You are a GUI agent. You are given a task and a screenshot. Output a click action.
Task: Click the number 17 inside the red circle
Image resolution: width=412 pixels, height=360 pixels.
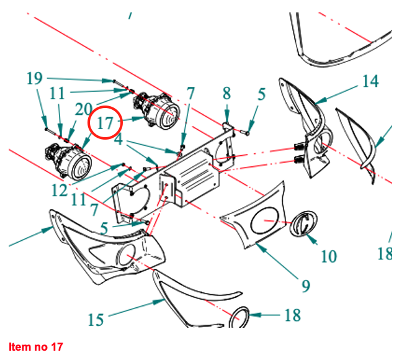click(105, 122)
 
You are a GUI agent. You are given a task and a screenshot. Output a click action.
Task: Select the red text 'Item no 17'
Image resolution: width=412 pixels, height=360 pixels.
click(36, 346)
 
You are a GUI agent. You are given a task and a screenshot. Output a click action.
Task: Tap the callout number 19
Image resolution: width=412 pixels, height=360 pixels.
click(35, 79)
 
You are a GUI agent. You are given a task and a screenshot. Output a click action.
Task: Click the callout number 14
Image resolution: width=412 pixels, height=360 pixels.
click(370, 81)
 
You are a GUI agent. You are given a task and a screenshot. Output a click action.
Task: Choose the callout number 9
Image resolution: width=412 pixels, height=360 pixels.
click(305, 286)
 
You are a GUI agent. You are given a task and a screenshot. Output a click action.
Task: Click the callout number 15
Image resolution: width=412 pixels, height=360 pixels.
click(96, 320)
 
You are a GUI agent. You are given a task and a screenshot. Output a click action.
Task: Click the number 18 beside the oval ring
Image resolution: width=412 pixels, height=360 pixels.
click(292, 315)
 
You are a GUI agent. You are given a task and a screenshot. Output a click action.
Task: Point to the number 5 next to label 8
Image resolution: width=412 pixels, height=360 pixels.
click(262, 94)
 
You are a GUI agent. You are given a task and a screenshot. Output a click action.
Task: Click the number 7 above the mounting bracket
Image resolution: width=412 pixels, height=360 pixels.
click(190, 94)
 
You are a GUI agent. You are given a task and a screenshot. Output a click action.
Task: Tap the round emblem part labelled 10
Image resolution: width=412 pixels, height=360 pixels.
click(304, 223)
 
